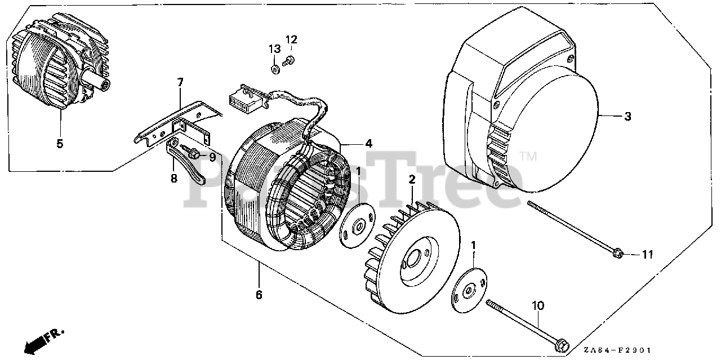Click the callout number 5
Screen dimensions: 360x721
(60, 144)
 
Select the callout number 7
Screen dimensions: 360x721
(180, 83)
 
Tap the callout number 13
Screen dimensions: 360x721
(274, 50)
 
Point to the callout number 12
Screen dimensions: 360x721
(291, 39)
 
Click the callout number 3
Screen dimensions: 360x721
(627, 117)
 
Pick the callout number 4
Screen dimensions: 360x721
(368, 144)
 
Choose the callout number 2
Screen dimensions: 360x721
(412, 180)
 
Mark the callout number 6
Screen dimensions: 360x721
(259, 294)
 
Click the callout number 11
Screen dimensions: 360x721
(648, 255)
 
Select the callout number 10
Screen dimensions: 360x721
(538, 306)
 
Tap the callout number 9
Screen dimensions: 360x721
(212, 157)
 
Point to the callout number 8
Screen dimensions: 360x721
(174, 179)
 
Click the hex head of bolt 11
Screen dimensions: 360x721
(618, 254)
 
